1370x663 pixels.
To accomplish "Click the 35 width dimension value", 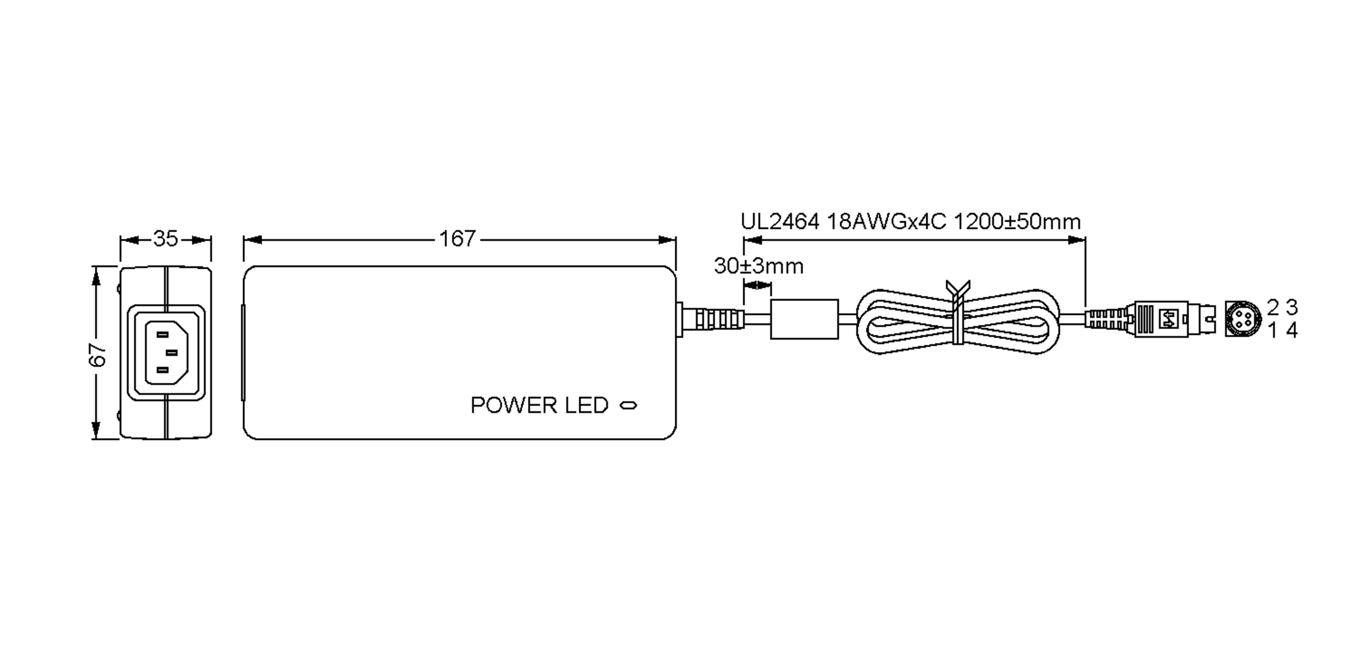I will pos(166,238).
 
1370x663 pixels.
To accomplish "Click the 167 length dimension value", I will pos(457,238).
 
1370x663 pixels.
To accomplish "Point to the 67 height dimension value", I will pos(98,354).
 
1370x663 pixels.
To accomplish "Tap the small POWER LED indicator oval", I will pos(628,406).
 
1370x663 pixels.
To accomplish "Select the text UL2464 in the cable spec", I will pos(780,221).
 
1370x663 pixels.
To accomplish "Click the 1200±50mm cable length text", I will pos(1017,221).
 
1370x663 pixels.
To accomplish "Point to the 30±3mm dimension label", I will pos(758,266).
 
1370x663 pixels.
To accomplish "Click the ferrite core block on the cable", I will pos(804,319).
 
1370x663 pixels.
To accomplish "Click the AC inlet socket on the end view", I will pos(166,352).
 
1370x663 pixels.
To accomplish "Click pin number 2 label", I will pos(1272,308).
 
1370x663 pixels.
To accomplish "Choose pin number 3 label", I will pos(1292,308).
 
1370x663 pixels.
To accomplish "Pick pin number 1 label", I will pos(1272,330).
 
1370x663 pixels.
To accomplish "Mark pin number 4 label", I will pos(1292,330).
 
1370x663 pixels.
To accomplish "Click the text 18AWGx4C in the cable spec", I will pos(887,221).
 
